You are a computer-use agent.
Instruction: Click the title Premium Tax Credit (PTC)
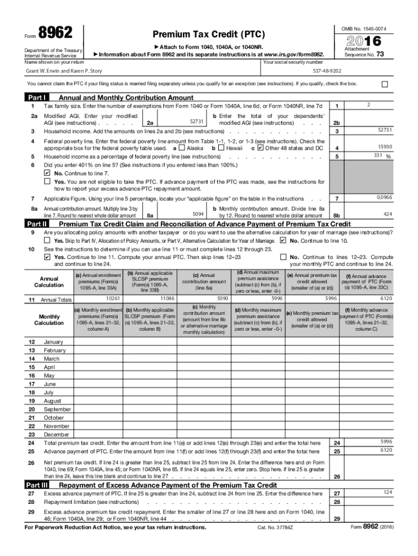point(209,35)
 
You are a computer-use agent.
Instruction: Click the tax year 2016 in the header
point(368,40)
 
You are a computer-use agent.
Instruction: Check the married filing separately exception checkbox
point(385,84)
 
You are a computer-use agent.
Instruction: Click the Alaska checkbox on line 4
point(181,148)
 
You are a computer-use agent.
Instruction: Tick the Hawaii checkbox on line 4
point(221,148)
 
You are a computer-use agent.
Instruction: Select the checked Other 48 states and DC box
point(260,148)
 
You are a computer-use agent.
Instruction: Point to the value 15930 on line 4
point(385,147)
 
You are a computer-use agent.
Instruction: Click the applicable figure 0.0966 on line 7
point(385,197)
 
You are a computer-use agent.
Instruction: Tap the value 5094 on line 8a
point(198,214)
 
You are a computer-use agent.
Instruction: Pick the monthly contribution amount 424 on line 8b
point(388,214)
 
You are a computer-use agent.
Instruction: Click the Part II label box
point(37,224)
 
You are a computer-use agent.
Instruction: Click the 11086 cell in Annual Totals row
point(167,298)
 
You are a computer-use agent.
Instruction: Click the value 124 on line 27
point(387,492)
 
